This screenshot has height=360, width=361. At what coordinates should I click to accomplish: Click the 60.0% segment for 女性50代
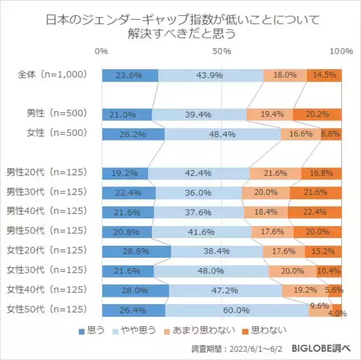click(237, 311)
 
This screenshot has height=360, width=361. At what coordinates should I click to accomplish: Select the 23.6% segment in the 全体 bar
click(130, 75)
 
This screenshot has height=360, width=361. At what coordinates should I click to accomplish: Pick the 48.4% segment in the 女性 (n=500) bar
click(223, 134)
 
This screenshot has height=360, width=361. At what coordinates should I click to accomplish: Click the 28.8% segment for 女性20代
click(137, 252)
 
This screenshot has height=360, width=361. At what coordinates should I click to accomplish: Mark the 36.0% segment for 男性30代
click(199, 193)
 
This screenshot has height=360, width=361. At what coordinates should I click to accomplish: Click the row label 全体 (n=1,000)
click(53, 75)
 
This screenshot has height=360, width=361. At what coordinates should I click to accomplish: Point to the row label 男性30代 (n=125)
click(52, 193)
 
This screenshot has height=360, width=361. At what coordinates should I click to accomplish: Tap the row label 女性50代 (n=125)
click(52, 311)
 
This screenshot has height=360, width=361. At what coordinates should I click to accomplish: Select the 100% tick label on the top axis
click(341, 52)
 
